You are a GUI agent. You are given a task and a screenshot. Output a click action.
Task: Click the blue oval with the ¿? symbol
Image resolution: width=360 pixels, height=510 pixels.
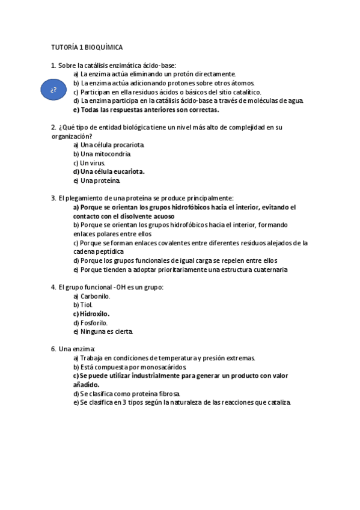pyautogui.click(x=53, y=90)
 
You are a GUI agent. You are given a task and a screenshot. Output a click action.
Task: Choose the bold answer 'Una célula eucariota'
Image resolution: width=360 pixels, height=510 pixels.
pyautogui.click(x=112, y=171)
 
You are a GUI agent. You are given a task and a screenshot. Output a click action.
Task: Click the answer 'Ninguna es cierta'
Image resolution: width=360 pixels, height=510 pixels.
pyautogui.click(x=106, y=331)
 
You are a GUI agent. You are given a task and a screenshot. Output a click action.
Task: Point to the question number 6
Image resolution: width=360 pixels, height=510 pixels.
pyautogui.click(x=53, y=349)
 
